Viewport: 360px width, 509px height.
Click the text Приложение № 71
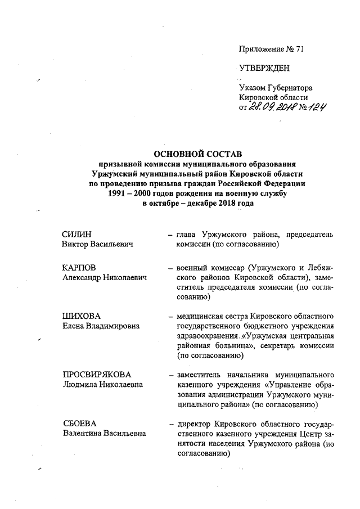[x=271, y=49]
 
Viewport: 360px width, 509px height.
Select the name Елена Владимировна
[x=101, y=326]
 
